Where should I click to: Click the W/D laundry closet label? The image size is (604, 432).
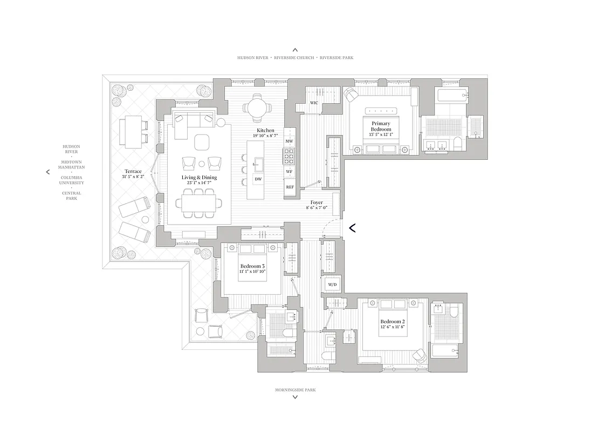331,284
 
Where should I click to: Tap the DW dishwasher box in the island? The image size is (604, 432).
258,179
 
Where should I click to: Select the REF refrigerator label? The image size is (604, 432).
290,187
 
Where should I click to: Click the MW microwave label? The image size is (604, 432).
290,141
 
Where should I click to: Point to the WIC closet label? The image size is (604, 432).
314,103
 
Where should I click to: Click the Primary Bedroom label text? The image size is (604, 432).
381,127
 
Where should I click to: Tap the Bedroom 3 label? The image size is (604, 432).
252,266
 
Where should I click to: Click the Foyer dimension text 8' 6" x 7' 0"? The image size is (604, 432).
317,208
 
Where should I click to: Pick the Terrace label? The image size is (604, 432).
133,171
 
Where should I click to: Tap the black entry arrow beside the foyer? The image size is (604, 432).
352,228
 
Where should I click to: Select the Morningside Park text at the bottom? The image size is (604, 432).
294,389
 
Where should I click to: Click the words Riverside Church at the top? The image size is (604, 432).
295,57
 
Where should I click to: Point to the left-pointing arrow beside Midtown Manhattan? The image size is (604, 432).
48,172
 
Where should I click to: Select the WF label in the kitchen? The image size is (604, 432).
290,172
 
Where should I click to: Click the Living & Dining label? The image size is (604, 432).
199,177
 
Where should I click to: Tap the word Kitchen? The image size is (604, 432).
265,131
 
